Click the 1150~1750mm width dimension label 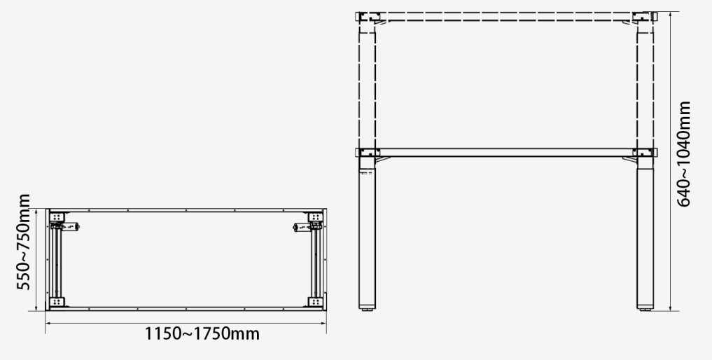202,333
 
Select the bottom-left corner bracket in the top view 57,301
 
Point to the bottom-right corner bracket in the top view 315,301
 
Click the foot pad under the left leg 368,307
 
